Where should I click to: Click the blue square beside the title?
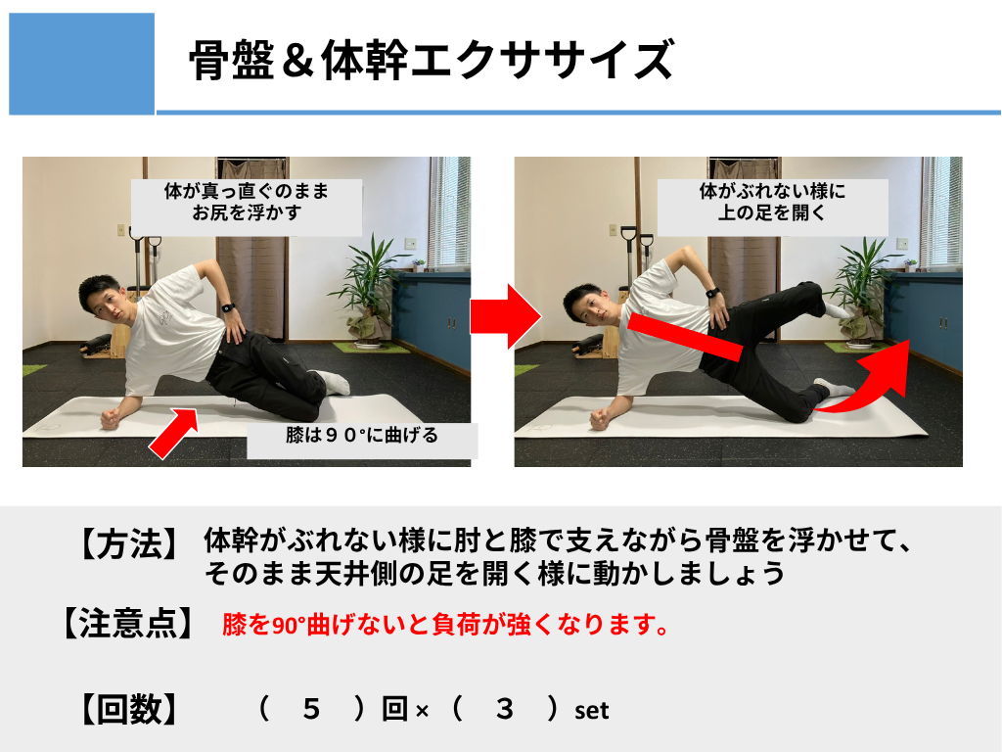82,64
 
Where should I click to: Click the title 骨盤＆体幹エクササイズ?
432,60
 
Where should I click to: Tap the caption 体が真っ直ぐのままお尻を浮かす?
247,202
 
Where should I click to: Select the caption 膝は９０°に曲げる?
362,436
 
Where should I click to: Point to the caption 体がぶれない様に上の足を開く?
772,202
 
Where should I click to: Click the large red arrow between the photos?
506,316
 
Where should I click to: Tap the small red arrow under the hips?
174,432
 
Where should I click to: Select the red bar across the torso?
685,337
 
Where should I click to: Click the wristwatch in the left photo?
227,308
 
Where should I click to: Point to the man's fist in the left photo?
111,419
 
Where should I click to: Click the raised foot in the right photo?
836,310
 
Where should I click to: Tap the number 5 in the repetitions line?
311,709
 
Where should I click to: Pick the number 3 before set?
505,709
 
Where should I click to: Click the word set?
592,711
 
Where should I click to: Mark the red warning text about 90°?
446,624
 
